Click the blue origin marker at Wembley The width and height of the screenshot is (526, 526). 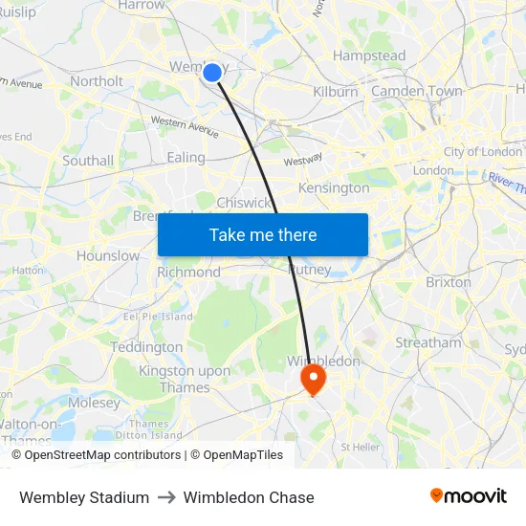tap(212, 72)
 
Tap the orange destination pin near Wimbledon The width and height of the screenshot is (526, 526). tap(313, 380)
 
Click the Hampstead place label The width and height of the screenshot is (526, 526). tap(368, 56)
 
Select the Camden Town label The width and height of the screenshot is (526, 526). tap(416, 92)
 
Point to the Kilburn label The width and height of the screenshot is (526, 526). tap(335, 92)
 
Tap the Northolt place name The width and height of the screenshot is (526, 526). tap(97, 82)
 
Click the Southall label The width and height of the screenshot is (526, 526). tap(88, 161)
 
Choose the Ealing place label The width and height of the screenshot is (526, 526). tap(186, 158)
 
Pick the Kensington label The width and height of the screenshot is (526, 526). tap(334, 188)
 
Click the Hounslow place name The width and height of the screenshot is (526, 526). tap(108, 256)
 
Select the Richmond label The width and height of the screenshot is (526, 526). tap(189, 273)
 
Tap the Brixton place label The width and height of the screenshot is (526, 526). tap(449, 282)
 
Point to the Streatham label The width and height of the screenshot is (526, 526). tap(428, 342)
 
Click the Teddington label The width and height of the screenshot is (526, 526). tap(146, 347)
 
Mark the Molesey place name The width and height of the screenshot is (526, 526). tap(95, 403)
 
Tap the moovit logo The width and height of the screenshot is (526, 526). tap(469, 496)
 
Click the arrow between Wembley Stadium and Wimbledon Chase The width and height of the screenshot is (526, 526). tap(166, 497)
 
